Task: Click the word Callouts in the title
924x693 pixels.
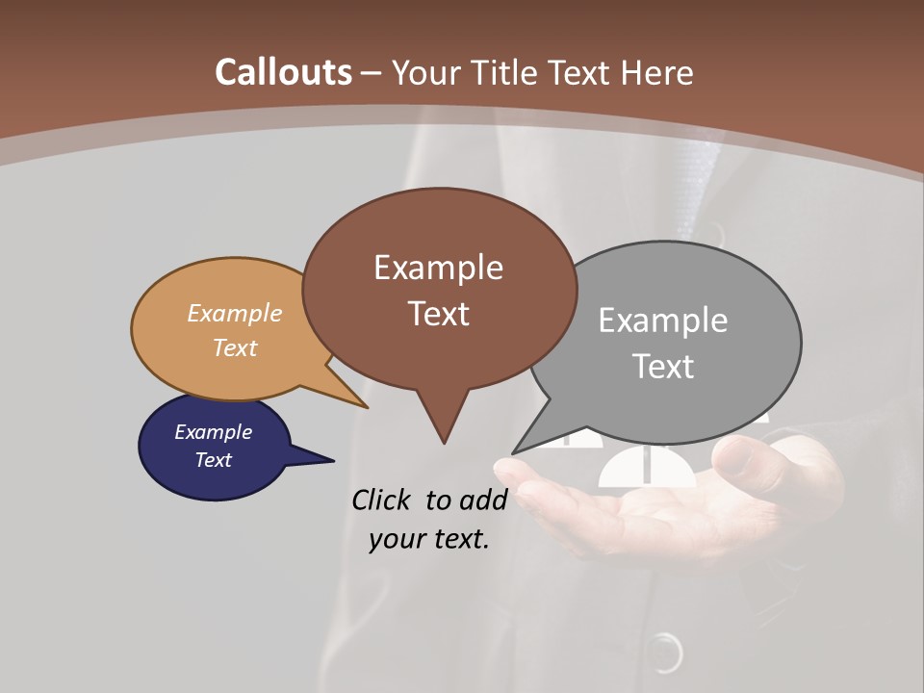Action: [x=283, y=72]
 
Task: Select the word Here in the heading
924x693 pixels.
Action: [x=657, y=72]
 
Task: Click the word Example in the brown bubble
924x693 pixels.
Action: [x=438, y=268]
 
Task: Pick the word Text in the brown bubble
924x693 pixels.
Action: [x=438, y=314]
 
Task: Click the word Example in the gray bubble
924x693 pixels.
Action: [x=663, y=321]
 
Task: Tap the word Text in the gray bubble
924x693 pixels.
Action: [x=663, y=367]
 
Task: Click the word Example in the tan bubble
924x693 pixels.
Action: [x=235, y=314]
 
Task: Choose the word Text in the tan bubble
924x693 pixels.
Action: [x=235, y=347]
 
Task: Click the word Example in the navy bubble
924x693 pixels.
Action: [x=213, y=432]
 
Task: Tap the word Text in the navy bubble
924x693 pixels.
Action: [x=213, y=460]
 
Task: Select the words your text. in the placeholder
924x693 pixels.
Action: [x=429, y=539]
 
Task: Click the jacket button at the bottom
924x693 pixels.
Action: [x=664, y=654]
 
